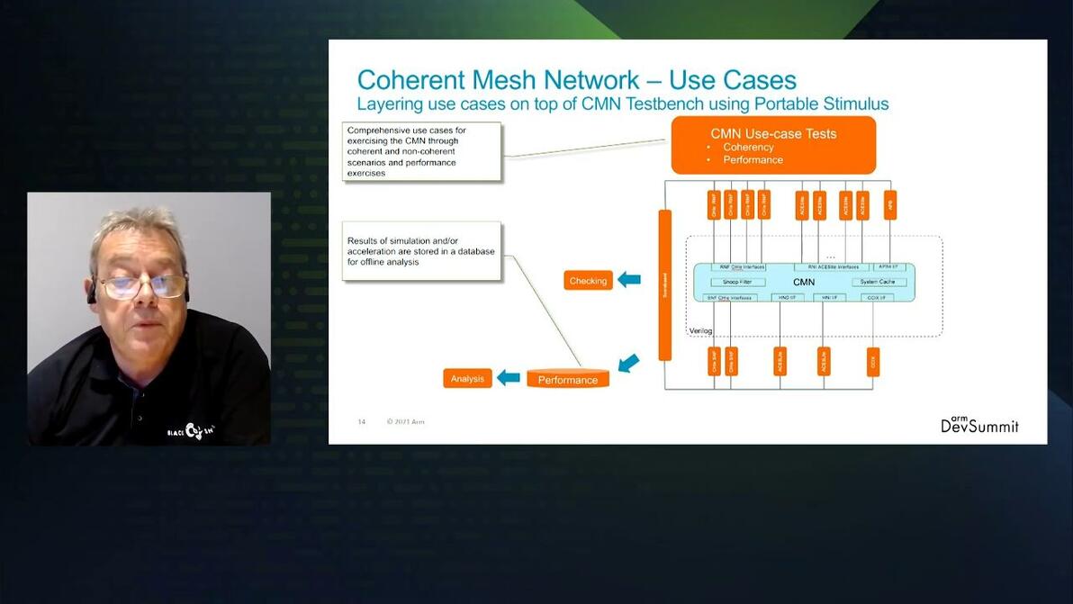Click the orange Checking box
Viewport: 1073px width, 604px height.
click(588, 281)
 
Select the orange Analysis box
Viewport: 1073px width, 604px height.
click(467, 379)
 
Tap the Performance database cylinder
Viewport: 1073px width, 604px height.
click(568, 379)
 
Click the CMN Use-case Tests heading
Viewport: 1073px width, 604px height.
click(773, 134)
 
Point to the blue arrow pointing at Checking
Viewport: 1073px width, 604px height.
click(629, 280)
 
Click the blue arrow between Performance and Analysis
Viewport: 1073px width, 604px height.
click(509, 378)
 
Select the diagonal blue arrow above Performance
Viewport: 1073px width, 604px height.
click(628, 363)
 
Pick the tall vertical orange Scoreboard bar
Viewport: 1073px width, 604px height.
click(665, 284)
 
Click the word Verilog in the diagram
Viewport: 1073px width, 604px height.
click(700, 331)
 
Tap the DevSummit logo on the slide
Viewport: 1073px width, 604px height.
click(979, 424)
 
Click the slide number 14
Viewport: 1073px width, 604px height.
click(362, 421)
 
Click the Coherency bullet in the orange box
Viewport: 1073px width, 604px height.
click(748, 148)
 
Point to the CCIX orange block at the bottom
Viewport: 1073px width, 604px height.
click(872, 361)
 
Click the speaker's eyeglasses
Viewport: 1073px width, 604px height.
click(142, 286)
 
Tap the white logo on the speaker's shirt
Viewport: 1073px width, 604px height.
click(192, 430)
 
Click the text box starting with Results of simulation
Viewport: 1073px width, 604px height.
click(421, 251)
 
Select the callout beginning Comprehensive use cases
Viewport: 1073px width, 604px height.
click(421, 151)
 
